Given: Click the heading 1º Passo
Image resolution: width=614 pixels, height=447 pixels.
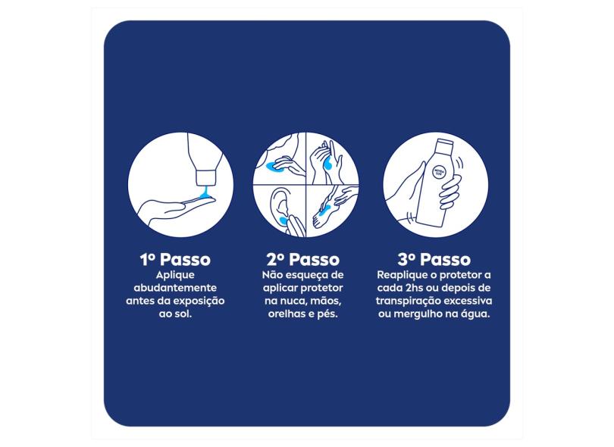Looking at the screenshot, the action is click(175, 260).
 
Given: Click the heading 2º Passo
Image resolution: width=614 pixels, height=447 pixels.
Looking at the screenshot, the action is click(303, 260).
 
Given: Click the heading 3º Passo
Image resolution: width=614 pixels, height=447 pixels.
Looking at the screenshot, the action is click(434, 260).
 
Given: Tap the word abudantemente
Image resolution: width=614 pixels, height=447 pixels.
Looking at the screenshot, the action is click(175, 288).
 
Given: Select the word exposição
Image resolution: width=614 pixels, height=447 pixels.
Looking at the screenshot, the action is click(199, 302).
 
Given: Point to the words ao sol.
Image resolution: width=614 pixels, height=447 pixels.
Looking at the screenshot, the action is click(175, 314).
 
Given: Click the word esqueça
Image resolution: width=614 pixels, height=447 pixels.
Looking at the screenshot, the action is click(305, 276).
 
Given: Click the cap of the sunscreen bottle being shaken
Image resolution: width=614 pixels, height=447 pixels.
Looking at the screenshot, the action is click(444, 145).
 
